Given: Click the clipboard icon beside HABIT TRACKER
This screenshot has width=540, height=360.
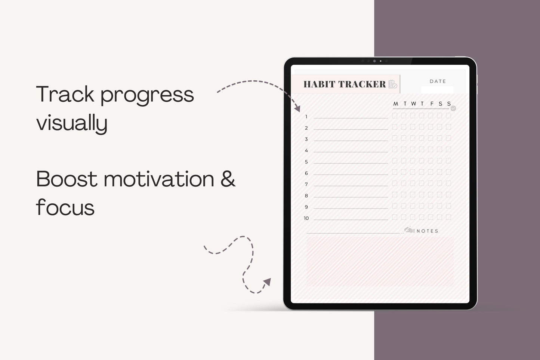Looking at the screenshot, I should tap(392, 84).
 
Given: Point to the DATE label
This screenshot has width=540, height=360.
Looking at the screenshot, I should tap(438, 81).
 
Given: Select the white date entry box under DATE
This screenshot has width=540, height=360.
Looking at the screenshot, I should tap(437, 90).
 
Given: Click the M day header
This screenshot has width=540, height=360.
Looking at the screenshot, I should tap(395, 104).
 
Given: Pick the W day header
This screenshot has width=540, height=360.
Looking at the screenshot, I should tap(413, 104).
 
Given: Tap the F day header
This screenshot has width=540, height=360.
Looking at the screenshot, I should tap(432, 104).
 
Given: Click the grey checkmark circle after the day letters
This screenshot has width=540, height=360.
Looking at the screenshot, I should tap(453, 108).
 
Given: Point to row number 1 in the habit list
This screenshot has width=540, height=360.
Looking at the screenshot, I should tap(306, 117).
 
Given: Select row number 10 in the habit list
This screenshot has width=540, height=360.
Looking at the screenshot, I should tap(306, 218).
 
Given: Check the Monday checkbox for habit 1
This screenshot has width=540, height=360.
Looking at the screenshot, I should tap(395, 116).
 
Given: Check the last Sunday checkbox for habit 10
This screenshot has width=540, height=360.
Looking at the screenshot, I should tap(448, 217).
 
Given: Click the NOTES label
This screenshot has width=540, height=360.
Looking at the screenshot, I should tap(428, 231).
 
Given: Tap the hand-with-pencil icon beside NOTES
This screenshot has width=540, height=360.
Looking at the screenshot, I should tap(409, 230).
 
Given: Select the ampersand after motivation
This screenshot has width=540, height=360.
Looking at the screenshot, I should tap(228, 179).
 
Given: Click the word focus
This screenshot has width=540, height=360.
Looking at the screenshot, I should tap(65, 207).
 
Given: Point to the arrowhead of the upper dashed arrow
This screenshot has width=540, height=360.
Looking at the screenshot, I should tap(297, 108).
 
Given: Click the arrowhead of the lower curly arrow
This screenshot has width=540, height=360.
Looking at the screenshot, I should tap(267, 281).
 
